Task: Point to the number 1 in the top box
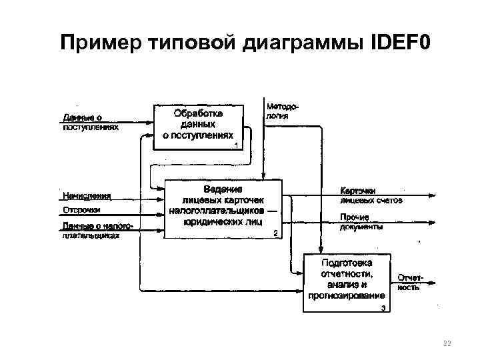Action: click(x=236, y=145)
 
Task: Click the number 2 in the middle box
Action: click(x=275, y=233)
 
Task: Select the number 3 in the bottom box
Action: click(x=383, y=308)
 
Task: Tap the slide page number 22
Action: click(x=447, y=343)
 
